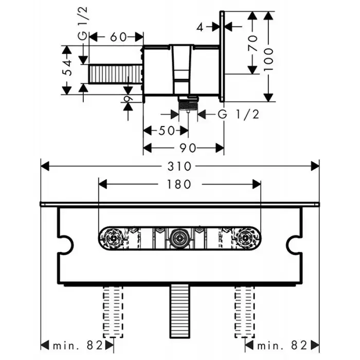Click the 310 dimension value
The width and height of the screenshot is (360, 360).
180,166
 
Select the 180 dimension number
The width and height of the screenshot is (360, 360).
179,184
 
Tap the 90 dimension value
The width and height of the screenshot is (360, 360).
189,148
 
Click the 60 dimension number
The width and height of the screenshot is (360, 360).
119,37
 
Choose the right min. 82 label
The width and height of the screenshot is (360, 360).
282,344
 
